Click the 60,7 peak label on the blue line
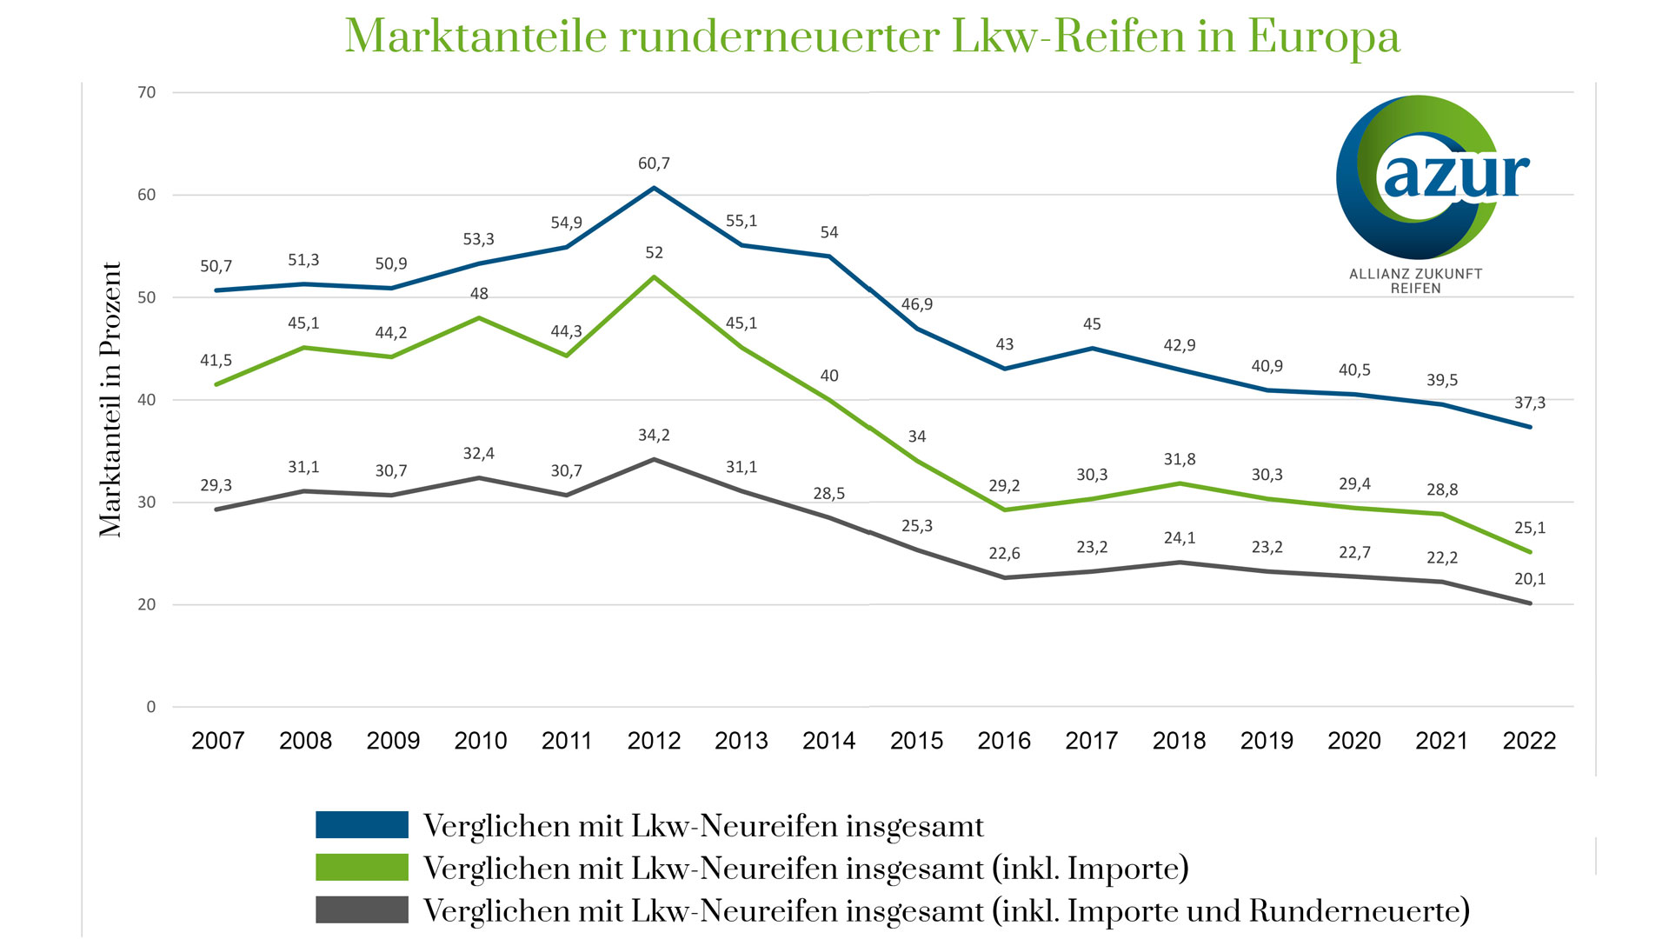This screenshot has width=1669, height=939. pos(654,163)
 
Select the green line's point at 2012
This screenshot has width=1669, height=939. pos(654,276)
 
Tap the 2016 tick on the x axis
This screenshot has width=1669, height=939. pos(1004,741)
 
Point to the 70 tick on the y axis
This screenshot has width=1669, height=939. pos(147,92)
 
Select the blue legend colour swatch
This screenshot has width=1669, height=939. pos(362,825)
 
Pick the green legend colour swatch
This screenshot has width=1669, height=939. pos(362,868)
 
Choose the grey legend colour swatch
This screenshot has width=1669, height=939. pos(362,910)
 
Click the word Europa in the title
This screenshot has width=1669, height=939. pos(1324,37)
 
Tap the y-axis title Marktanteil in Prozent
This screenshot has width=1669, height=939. pos(110,400)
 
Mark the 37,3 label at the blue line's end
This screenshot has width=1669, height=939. pos(1530,403)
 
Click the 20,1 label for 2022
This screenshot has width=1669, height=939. pos(1530,579)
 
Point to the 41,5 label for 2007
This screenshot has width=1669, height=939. pos(216,360)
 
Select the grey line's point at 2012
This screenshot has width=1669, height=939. pos(654,459)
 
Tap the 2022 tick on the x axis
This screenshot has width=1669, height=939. pos(1529,741)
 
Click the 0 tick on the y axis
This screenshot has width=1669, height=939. pos(151,707)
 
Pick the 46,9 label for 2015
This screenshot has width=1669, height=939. pos(916,304)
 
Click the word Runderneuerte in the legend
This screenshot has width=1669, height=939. pos(1359,911)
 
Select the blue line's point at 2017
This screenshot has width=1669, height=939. pos(1092,349)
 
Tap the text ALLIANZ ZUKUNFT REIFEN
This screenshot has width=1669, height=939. pos(1415,281)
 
